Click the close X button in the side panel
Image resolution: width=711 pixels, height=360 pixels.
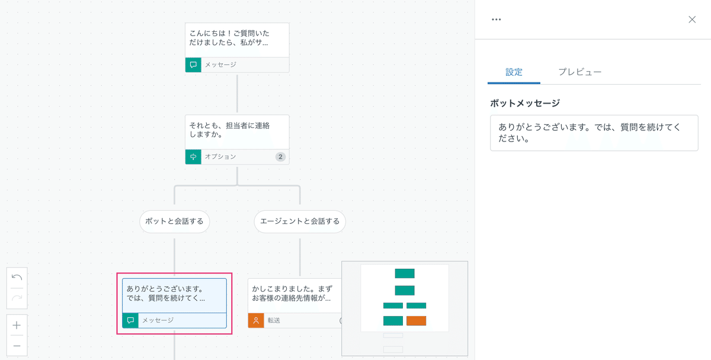coord(692,20)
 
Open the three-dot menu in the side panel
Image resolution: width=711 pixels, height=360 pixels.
coord(496,20)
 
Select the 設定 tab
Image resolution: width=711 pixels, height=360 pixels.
coord(514,72)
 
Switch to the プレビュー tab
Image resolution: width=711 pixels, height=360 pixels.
coord(579,72)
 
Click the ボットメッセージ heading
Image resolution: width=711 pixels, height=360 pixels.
coord(525,103)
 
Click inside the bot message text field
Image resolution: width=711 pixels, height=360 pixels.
coord(594,133)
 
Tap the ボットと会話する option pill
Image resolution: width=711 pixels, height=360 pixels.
coord(175,221)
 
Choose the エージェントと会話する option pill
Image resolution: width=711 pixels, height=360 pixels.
coord(300,221)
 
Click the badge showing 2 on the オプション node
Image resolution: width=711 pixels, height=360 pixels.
coord(280,157)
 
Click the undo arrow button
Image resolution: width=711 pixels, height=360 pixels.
coord(17,278)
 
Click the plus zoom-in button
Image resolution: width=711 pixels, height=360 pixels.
coord(17,325)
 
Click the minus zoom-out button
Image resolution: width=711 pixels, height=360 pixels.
coord(17,346)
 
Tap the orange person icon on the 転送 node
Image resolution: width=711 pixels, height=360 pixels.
coord(256,320)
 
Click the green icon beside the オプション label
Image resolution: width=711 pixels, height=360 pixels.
coord(193,157)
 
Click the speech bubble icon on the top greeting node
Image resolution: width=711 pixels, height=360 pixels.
coord(193,65)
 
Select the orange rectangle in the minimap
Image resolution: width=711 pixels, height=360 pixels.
coord(416,321)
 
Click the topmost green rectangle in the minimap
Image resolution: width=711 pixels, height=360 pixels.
coord(405,274)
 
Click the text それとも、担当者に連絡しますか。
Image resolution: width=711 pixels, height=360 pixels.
coord(229,130)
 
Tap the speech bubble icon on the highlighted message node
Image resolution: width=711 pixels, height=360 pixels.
coord(130,320)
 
